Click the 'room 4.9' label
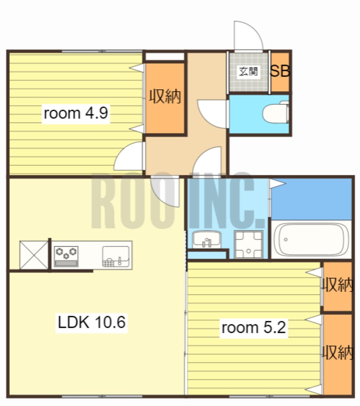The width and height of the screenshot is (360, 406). pos(76,113)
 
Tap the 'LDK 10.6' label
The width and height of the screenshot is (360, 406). pos(91,322)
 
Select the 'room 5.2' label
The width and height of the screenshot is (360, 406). pos(254,327)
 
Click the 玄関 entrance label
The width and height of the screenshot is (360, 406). pos(249,71)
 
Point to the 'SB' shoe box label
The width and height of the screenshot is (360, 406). pos(280,71)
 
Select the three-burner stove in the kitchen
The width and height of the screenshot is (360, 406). pos(66,256)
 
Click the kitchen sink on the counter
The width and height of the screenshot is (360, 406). pos(116,256)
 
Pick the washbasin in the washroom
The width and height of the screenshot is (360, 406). pos(206,239)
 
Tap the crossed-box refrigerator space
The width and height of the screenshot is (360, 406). pos(34,255)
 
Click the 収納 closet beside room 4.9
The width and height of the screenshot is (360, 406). pos(165,98)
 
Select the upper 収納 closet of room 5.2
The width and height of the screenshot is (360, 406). pos(337,286)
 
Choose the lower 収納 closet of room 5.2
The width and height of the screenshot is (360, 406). pos(337,354)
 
